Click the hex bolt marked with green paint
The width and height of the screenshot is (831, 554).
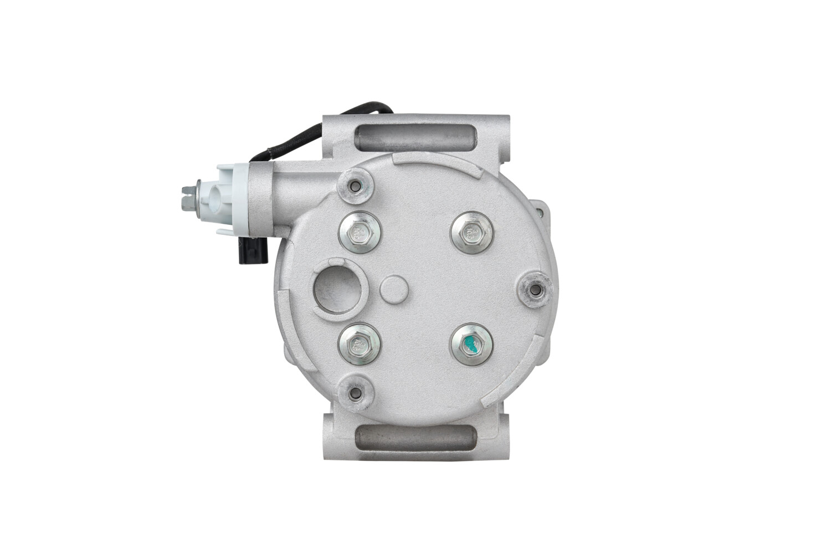click(470, 344)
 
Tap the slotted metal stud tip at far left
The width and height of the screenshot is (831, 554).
click(186, 195)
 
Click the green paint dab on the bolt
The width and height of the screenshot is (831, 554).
click(471, 344)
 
